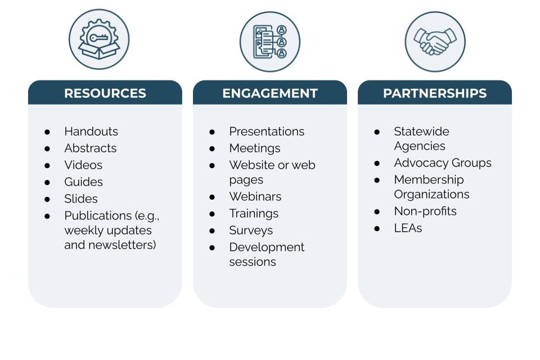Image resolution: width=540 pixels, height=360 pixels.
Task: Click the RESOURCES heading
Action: pos(105,93)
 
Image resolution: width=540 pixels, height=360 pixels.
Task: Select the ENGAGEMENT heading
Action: pos(270,93)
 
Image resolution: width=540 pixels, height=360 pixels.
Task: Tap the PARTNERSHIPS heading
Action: pos(435,93)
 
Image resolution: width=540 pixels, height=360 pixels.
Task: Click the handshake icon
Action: pos(435,42)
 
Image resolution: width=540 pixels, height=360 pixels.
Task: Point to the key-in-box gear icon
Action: pos(99,40)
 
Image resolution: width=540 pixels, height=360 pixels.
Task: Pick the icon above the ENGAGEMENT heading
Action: pos(270,42)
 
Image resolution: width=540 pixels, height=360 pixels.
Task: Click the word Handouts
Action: pos(91,132)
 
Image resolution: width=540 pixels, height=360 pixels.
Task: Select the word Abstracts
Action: pos(91,148)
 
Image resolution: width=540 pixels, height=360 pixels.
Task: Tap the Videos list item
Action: pos(83,165)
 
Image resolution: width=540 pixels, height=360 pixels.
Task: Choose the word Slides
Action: pos(81,199)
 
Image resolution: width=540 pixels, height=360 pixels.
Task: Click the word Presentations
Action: pos(267,132)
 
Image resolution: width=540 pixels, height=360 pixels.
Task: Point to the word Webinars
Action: pos(255,197)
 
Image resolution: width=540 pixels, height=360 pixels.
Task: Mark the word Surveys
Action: pos(251,231)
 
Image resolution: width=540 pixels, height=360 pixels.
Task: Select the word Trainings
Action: pos(254,214)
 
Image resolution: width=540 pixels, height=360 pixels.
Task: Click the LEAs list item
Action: pos(408,228)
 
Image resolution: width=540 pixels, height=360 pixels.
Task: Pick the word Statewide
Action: pos(421,132)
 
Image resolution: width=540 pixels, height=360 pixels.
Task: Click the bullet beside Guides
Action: pos(48,182)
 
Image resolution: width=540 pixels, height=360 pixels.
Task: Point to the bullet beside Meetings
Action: pos(213,148)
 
